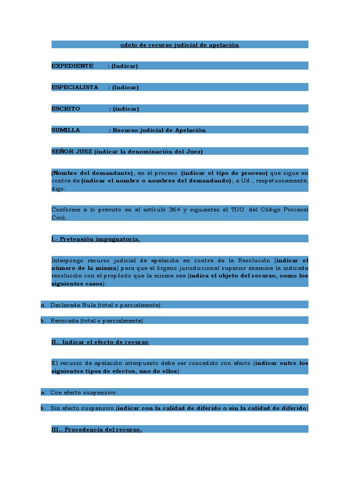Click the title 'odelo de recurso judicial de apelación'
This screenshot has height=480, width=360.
coord(180,45)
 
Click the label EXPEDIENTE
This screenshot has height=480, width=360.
coord(72,66)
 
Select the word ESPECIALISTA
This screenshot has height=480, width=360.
coord(75,87)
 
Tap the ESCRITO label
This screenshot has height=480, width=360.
coord(66,109)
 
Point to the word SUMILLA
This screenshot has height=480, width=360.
coord(66,130)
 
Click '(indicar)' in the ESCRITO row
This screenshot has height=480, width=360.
coord(126,109)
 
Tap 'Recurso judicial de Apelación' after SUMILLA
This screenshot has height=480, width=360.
coord(159,130)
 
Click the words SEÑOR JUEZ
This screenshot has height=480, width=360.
coord(72,151)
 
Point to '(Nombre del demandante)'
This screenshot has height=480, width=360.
coord(92,172)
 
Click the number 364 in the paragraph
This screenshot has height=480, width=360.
coord(175,210)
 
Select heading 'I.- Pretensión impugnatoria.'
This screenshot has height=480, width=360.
coord(96,239)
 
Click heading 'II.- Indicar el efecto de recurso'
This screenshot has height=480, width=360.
coord(100,342)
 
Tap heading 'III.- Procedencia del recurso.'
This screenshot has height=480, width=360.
coord(97,429)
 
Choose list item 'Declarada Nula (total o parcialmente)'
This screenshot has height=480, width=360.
coord(105,305)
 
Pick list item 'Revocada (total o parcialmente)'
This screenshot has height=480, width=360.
coord(97,321)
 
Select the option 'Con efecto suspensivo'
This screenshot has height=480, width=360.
coord(83,392)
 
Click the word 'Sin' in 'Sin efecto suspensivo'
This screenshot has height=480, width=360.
coord(55,408)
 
